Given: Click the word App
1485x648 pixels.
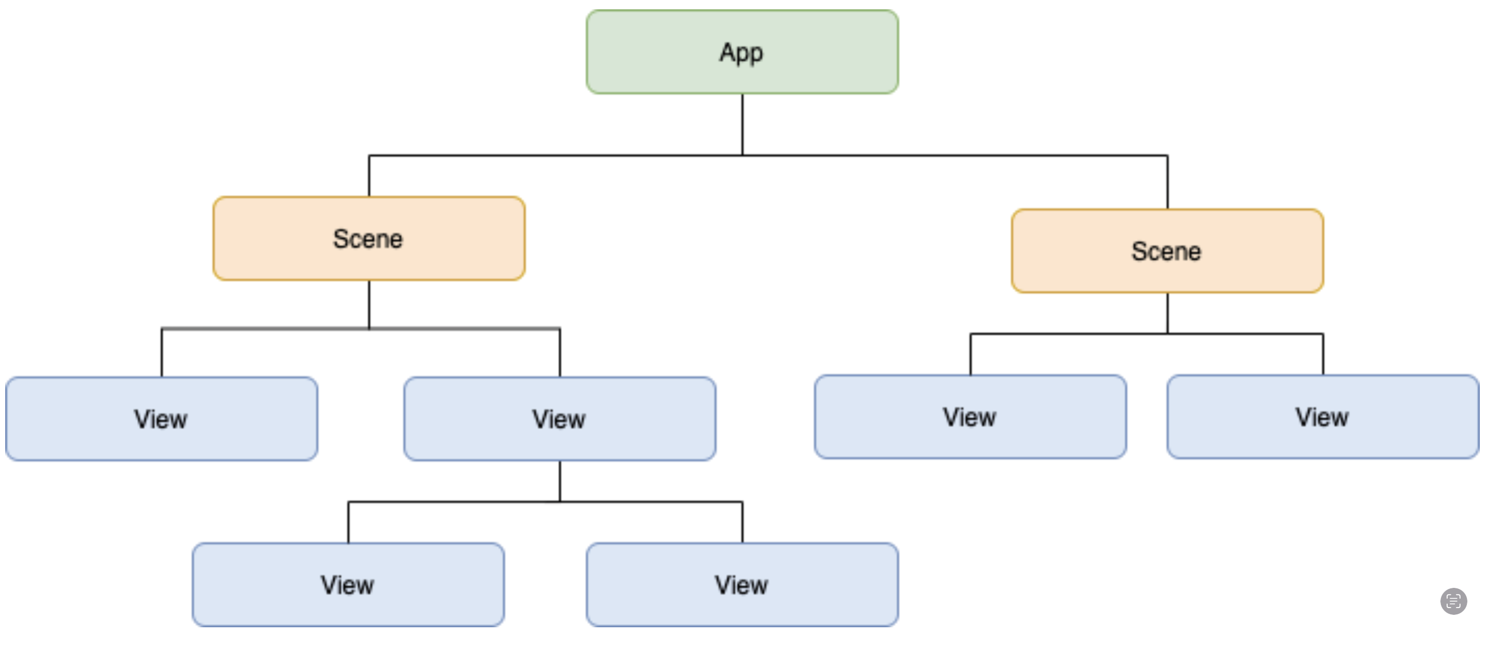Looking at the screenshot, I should pos(741,53).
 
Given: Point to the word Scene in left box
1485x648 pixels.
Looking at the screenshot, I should pos(368,238).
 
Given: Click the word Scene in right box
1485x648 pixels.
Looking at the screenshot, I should pos(1166,251).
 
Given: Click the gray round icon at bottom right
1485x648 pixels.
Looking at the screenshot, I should pos(1453,601).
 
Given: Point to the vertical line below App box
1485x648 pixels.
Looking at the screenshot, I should pos(743,124).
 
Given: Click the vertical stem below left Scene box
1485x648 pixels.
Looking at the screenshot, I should pos(369,304).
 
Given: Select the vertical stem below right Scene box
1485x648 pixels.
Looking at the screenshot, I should pos(1167,313).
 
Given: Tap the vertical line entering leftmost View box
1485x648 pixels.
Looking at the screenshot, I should pos(161,353).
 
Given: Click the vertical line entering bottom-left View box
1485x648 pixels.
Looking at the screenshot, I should pos(348,523).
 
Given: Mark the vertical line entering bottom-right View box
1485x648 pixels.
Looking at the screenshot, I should pos(743,523).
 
